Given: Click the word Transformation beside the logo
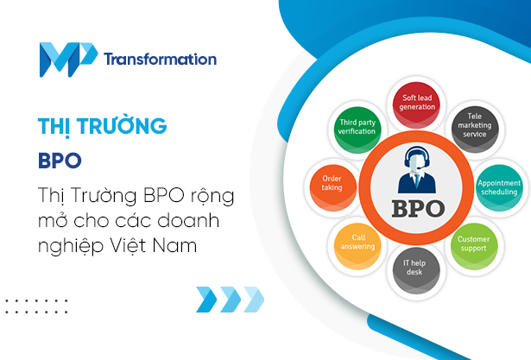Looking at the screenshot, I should pyautogui.click(x=160, y=60).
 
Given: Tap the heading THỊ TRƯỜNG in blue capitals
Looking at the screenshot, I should pyautogui.click(x=102, y=127).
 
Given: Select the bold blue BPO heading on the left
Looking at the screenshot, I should pyautogui.click(x=59, y=160).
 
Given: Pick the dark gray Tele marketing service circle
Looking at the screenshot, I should pyautogui.click(x=476, y=128).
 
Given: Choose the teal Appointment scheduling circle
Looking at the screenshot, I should pyautogui.click(x=499, y=186).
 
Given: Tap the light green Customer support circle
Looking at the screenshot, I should pyautogui.click(x=474, y=244).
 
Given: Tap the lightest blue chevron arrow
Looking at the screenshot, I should pyautogui.click(x=252, y=300).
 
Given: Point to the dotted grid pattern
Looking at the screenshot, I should pyautogui.click(x=36, y=306).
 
